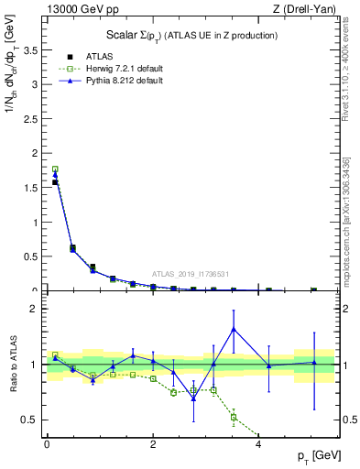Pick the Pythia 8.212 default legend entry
(111, 81)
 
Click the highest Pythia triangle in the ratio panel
(234, 329)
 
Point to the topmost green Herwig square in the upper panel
(55, 169)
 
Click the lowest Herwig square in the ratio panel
(234, 417)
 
